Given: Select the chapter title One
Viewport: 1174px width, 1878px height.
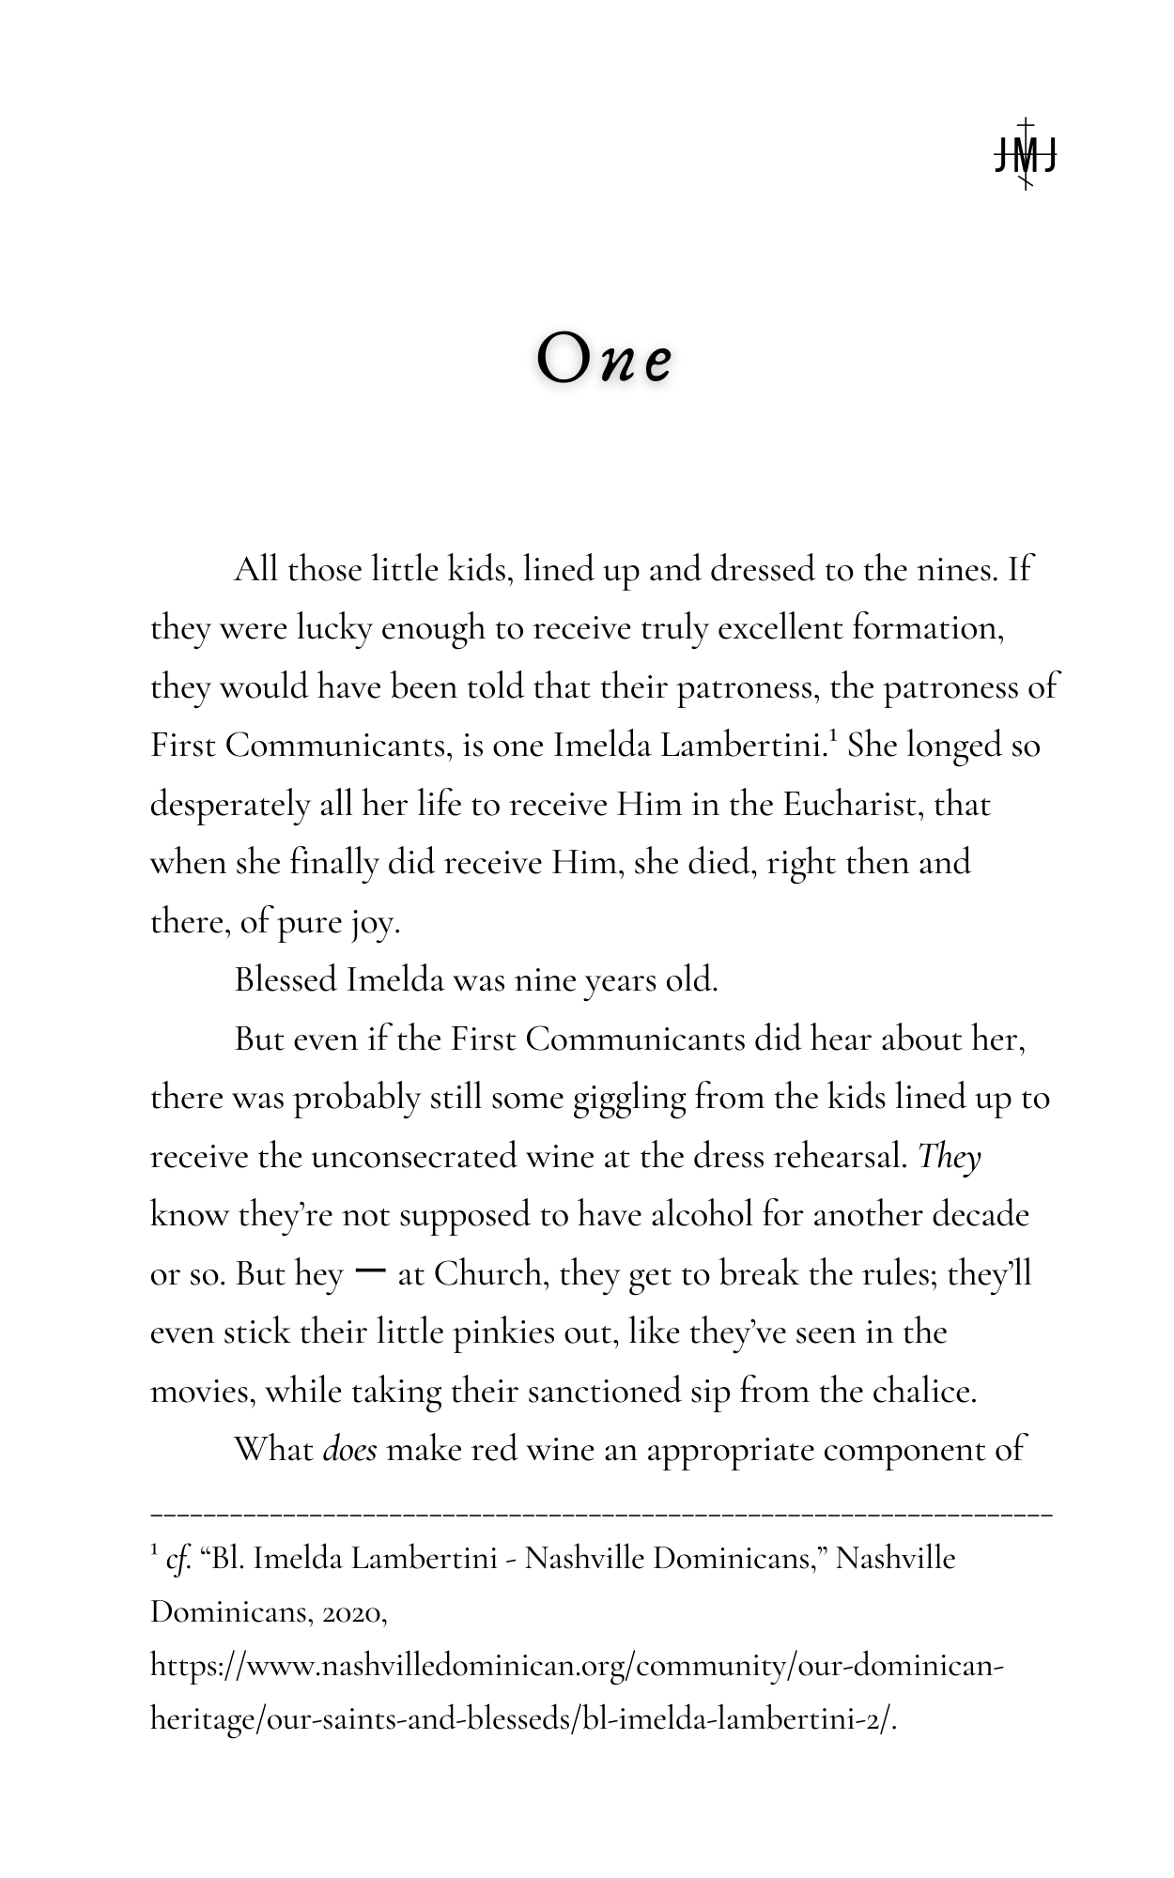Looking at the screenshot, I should click(605, 360).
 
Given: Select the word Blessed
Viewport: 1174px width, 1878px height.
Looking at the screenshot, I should click(286, 980).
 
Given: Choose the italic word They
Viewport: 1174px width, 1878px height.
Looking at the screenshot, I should click(950, 1157).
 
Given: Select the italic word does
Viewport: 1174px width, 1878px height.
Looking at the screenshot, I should click(349, 1450).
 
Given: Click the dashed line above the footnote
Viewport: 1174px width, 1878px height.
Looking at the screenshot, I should click(601, 1515).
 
